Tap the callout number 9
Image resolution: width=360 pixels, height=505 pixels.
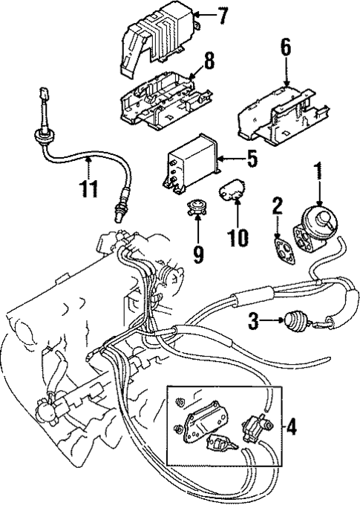tap(197, 254)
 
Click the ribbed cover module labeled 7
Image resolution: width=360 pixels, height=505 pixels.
tap(164, 41)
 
